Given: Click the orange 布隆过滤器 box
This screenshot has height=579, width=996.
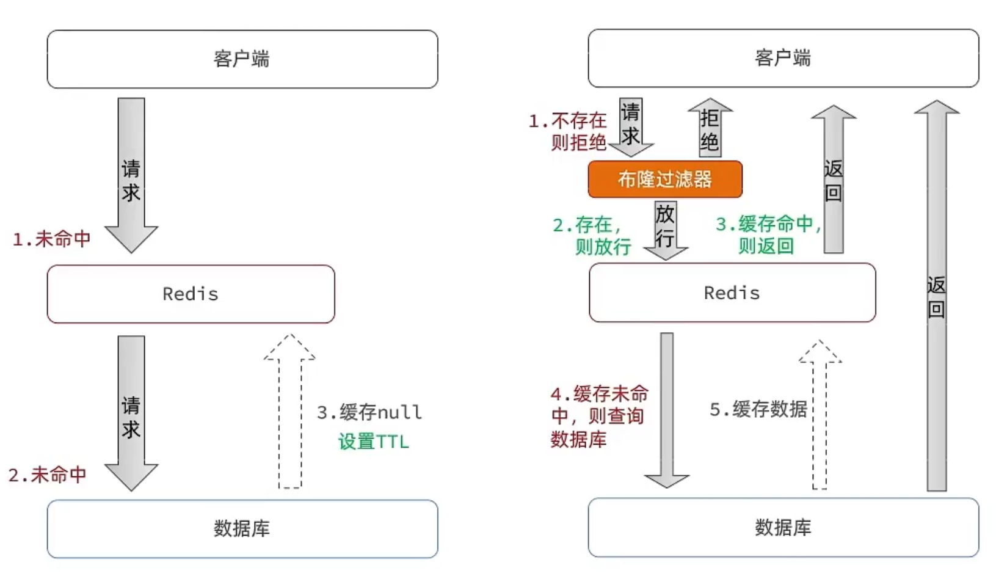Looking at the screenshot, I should coord(665,179).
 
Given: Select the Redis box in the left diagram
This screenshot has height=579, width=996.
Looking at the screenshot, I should coord(191,294).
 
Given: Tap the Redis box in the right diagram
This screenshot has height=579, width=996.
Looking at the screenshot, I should coord(732,293).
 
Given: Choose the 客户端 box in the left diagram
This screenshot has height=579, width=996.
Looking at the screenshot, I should coord(242,59).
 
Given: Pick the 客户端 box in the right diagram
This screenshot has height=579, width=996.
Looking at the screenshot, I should coord(783,58).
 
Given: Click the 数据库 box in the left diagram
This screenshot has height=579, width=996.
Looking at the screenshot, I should coord(242,528).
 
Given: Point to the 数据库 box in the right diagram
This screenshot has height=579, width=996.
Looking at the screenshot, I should coord(783,527).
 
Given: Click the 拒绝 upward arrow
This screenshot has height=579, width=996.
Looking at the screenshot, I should coord(710,128).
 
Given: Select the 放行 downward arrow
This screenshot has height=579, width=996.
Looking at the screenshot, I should coord(666,229).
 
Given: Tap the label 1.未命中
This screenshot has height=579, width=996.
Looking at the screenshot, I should coord(52,239).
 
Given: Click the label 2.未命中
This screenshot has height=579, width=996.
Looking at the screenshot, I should coord(48,475).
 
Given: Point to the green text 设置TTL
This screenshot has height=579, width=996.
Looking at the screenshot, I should coord(373,442).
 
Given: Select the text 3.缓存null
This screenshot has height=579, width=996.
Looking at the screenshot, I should coord(369,412).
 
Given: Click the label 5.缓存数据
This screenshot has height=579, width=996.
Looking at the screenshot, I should coord(758,409).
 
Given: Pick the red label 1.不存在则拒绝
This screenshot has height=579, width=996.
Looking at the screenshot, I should coord(569,131).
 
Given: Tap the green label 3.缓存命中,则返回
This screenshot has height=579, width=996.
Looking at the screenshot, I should coord(768,235).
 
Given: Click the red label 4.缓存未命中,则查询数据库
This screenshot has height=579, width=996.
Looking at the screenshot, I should coord(598,416).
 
